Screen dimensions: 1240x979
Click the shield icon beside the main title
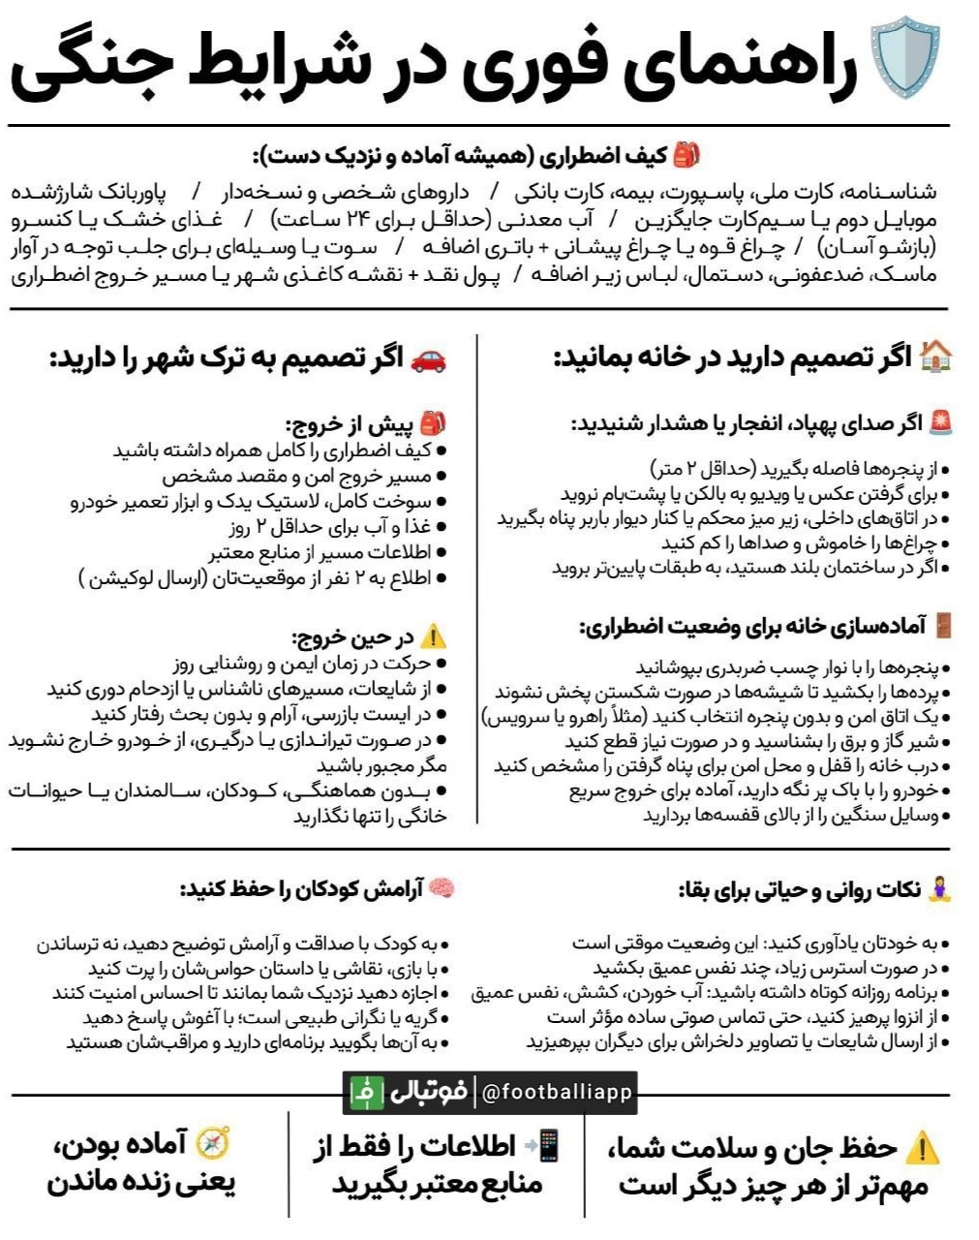pyautogui.click(x=905, y=61)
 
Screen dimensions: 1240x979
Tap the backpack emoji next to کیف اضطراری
pyautogui.click(x=687, y=153)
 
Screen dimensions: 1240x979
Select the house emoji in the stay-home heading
pyautogui.click(x=936, y=356)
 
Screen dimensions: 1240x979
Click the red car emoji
pyautogui.click(x=429, y=359)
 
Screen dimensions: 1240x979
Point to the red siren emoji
pyautogui.click(x=940, y=422)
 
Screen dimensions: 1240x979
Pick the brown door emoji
pyautogui.click(x=942, y=626)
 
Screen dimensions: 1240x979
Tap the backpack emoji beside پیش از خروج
pyautogui.click(x=433, y=423)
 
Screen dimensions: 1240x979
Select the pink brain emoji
pyautogui.click(x=442, y=888)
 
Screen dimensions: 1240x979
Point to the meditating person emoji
pyautogui.click(x=940, y=889)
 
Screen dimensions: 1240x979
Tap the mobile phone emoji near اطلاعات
pyautogui.click(x=546, y=1145)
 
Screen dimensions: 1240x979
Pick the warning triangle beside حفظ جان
pyautogui.click(x=922, y=1149)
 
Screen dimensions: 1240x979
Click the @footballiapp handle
pyautogui.click(x=557, y=1093)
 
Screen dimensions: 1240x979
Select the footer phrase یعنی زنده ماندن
pyautogui.click(x=141, y=1183)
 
